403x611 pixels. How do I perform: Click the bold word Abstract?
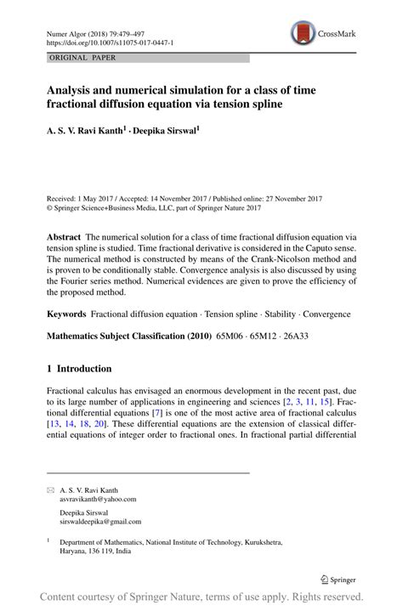click(x=64, y=237)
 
